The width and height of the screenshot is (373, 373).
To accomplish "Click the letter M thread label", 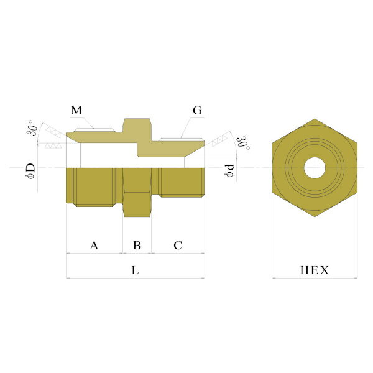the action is coord(76,111).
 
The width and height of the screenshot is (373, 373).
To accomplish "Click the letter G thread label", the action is coord(197,111).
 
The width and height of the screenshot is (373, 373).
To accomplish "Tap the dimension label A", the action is coord(94,246).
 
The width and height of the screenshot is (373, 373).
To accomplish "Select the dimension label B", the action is coord(137,246).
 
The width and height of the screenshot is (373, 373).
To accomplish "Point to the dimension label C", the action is coord(178,246).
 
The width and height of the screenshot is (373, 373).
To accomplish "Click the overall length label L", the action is coord(135,270).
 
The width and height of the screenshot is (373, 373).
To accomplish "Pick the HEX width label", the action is coord(315,270).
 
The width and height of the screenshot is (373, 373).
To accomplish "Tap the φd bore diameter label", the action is coord(229,170).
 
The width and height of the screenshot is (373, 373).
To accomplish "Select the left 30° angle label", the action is coord(32,127).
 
